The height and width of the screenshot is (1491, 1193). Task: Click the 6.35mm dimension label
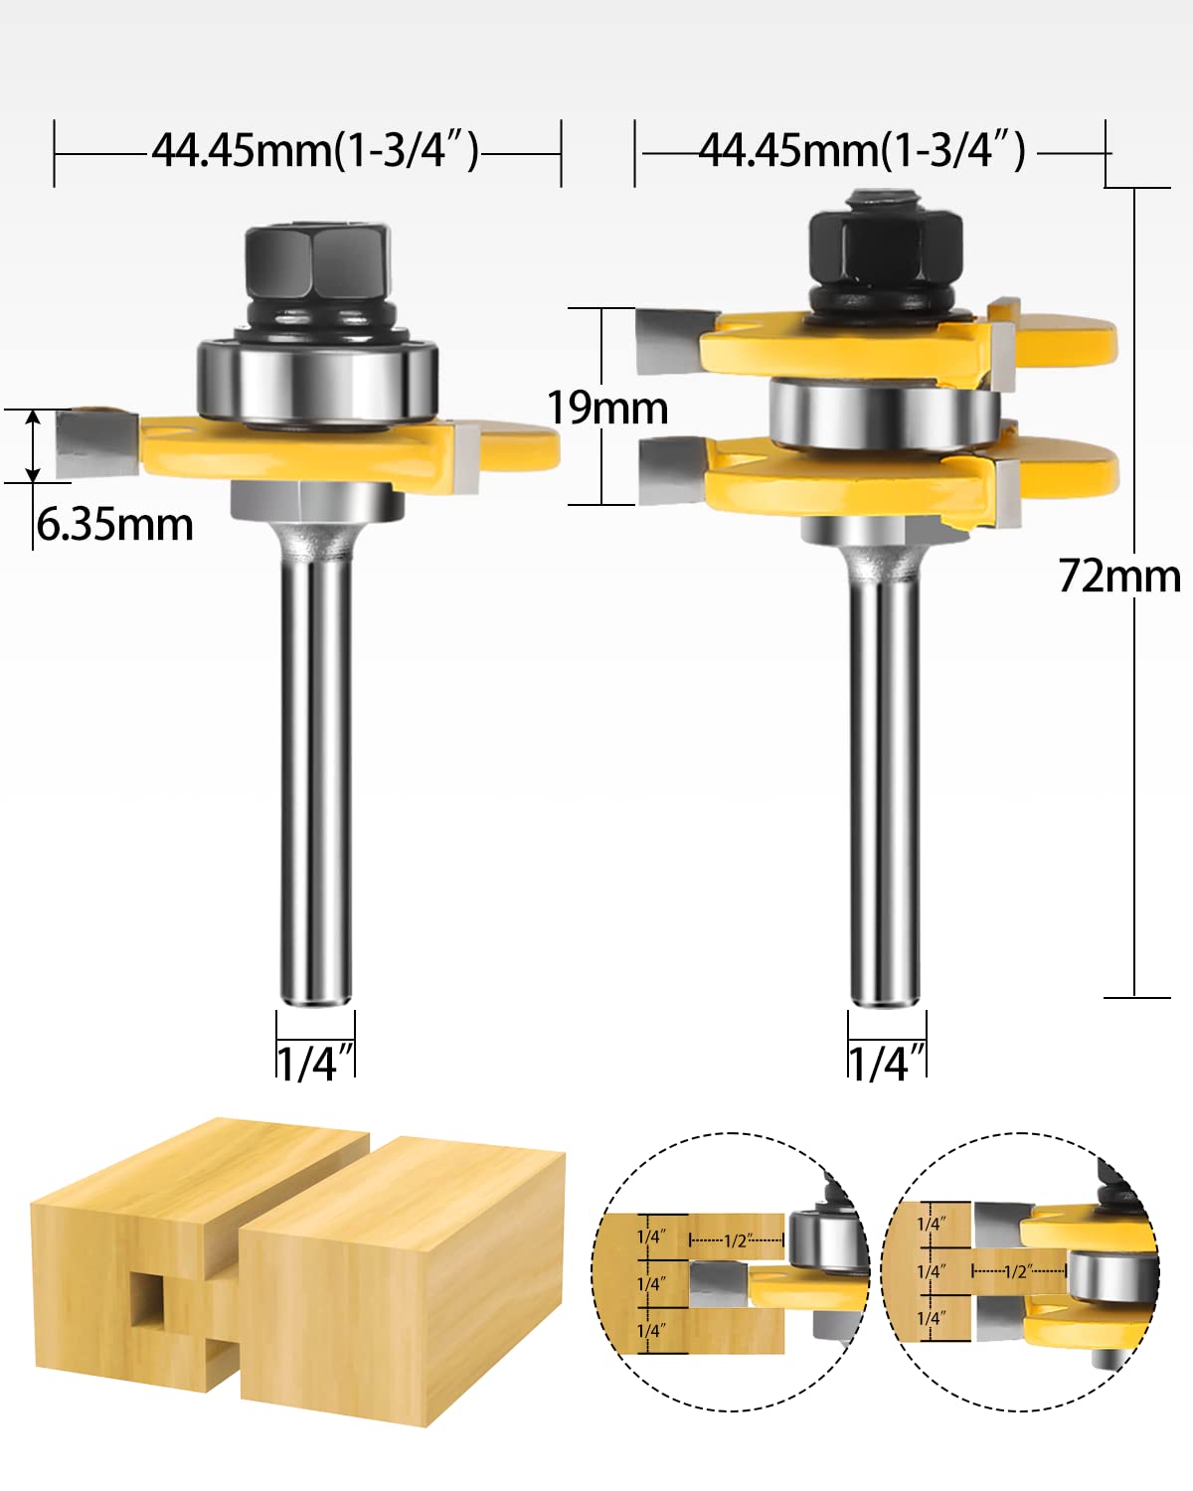pyautogui.click(x=114, y=524)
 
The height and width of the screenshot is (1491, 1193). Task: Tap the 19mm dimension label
pyautogui.click(x=607, y=408)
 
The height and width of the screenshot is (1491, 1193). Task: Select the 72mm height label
pyautogui.click(x=1118, y=576)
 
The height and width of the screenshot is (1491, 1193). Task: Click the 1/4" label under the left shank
pyautogui.click(x=315, y=1063)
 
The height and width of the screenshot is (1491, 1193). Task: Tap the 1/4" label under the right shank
pyautogui.click(x=887, y=1063)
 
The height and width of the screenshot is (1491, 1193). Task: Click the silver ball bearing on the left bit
pyautogui.click(x=316, y=380)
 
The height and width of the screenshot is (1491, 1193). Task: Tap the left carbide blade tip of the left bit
pyautogui.click(x=95, y=443)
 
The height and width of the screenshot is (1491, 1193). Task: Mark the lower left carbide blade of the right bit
pyautogui.click(x=673, y=472)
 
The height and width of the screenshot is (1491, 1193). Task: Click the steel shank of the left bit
pyautogui.click(x=315, y=775)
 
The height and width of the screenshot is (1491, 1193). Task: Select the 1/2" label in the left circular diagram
pyautogui.click(x=737, y=1240)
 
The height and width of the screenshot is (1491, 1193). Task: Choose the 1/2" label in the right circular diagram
pyautogui.click(x=1018, y=1271)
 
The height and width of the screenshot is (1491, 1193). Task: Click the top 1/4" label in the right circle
pyautogui.click(x=931, y=1224)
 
